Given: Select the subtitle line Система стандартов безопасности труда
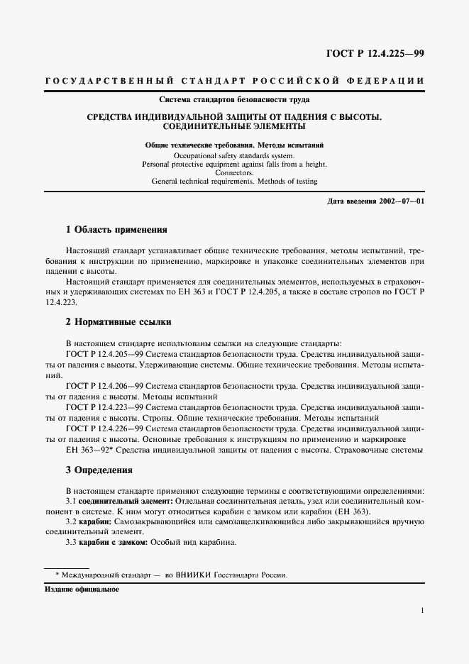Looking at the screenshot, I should [x=234, y=99].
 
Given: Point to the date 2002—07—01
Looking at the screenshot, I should [x=402, y=201].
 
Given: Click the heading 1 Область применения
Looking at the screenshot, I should [x=116, y=231].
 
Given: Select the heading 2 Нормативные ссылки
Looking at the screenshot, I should [x=118, y=321].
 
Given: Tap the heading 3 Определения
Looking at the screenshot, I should [x=99, y=470].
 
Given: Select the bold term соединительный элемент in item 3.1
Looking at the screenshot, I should [x=121, y=501].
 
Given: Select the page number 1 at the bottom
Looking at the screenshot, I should [x=422, y=611].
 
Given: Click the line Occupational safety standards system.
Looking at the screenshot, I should [x=234, y=154].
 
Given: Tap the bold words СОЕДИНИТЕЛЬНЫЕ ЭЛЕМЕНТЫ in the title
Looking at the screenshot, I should [x=234, y=127].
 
